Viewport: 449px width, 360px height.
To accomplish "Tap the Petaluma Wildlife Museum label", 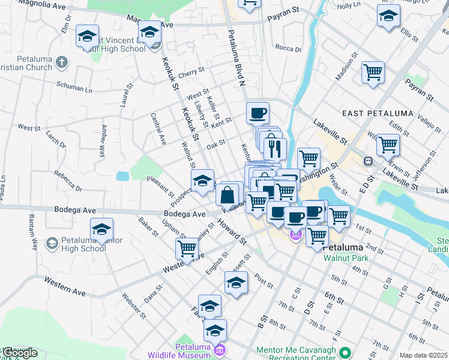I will click(193, 351).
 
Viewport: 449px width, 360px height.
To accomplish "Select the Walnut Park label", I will click(345, 258).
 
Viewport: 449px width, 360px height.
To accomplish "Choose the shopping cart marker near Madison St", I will click(373, 73).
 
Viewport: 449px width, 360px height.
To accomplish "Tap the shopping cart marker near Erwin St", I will click(388, 145).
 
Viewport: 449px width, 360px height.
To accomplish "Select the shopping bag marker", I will click(228, 196).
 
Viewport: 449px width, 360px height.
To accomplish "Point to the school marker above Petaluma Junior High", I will click(102, 229).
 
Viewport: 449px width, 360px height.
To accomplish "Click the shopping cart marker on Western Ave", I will click(187, 248).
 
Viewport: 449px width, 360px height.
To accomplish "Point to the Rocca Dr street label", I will click(288, 48).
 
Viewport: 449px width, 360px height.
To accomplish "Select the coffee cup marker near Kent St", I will click(258, 113).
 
